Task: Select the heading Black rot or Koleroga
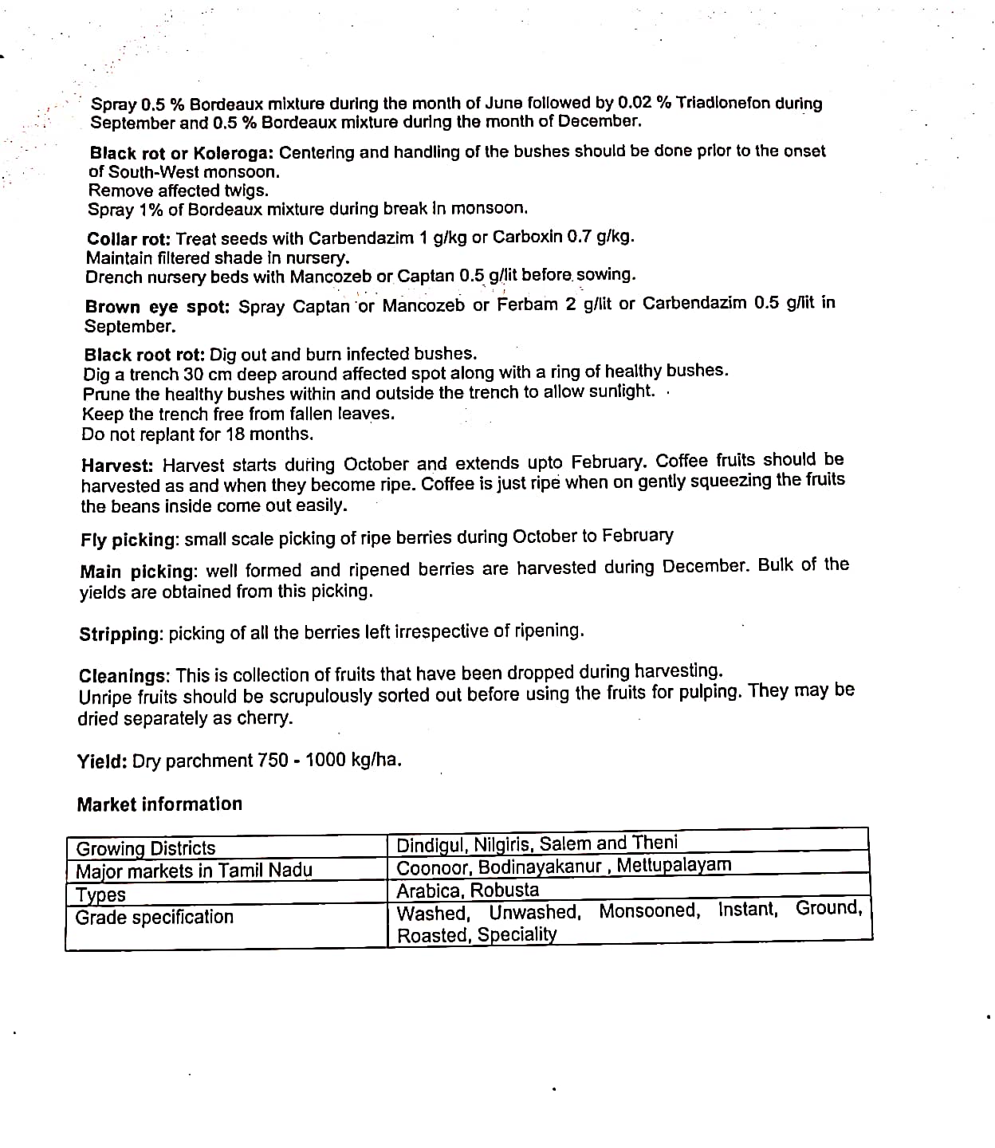click(x=181, y=152)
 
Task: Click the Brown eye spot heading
click(x=157, y=307)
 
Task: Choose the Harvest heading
click(x=119, y=466)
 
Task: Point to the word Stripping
click(x=120, y=635)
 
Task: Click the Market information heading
click(x=159, y=804)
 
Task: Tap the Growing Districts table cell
click(x=146, y=848)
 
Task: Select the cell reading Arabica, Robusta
click(x=468, y=890)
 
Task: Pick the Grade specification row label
click(x=155, y=918)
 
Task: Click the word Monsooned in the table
click(x=649, y=910)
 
